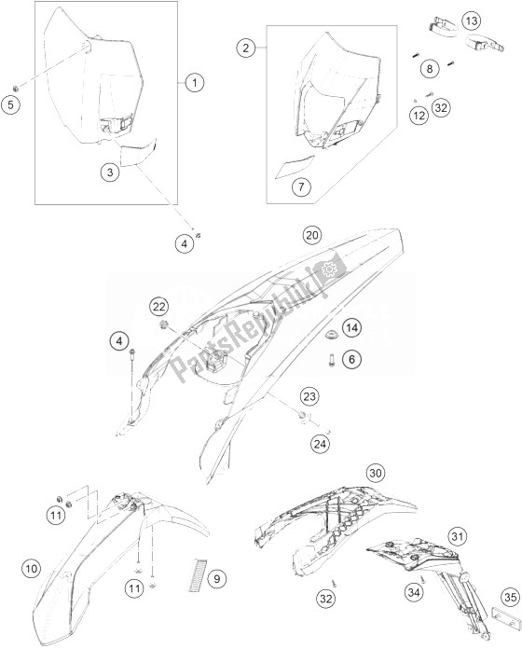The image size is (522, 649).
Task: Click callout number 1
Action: pos(195,83)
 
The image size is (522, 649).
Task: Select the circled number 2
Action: pos(246,48)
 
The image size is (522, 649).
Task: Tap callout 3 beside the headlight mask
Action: pos(110,172)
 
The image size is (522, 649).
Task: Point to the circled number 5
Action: pos(10,104)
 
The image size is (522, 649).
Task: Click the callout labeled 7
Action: pos(301,187)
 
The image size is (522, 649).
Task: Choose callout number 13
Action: pos(472,21)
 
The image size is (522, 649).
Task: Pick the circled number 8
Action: pos(430,68)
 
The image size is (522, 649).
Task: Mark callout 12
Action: pos(419,115)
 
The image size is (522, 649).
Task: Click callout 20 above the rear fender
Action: pos(312,235)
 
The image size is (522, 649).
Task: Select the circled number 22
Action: pos(159,307)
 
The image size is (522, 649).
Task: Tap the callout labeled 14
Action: pos(351,328)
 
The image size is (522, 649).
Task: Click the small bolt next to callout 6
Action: pos(331,359)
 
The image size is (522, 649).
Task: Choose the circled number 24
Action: pos(320,445)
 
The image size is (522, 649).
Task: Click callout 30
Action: pos(375,473)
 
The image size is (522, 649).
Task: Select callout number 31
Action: pos(456,537)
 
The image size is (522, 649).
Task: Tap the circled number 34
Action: pos(414,592)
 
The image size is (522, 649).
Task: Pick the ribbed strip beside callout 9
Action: pos(198,574)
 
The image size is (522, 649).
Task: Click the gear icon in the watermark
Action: pos(330,269)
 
